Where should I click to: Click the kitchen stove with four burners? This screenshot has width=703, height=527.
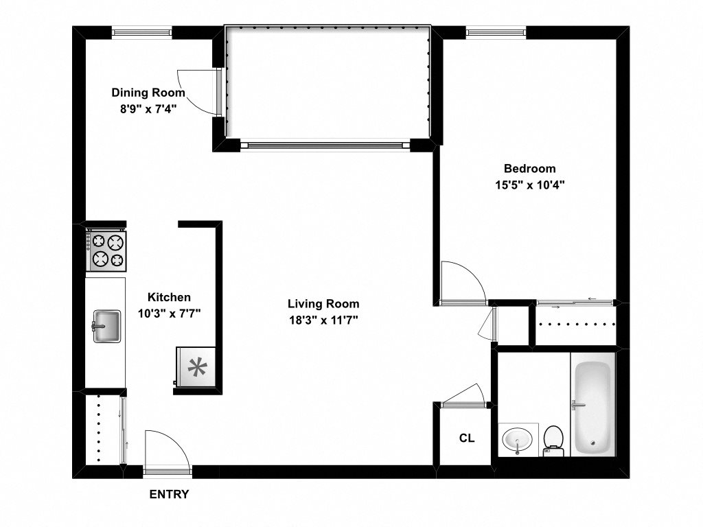coord(106,251)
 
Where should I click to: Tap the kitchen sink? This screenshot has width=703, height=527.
coord(106,325)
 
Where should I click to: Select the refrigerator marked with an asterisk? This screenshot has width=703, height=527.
coord(197,368)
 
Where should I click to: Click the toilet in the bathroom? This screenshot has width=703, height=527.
coord(553,440)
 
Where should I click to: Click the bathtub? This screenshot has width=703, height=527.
coord(592,408)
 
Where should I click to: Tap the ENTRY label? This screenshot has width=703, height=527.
coord(168,494)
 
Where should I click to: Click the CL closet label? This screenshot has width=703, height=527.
coord(466,438)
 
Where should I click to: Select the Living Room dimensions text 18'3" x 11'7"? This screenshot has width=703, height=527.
coord(323,319)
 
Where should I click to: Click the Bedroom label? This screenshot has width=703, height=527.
coord(529,168)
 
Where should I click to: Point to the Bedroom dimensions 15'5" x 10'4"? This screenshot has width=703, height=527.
coord(529,184)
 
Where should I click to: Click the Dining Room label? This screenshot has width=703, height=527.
coord(148,93)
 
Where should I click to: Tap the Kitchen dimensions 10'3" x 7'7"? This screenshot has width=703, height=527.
coord(169,313)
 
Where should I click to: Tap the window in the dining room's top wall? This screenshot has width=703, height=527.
coord(142,31)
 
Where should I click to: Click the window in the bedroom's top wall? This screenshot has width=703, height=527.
coord(496,31)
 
